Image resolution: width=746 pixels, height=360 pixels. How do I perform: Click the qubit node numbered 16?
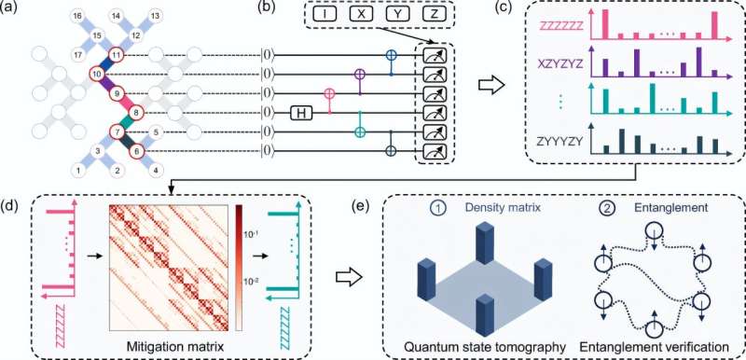point(77,18)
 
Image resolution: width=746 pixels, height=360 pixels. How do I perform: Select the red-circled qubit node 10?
point(96,74)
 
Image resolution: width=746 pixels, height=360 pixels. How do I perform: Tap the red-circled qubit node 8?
point(138,111)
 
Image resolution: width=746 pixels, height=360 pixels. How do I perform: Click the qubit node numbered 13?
point(155,18)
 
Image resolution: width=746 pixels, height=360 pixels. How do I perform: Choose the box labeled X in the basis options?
point(359,15)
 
